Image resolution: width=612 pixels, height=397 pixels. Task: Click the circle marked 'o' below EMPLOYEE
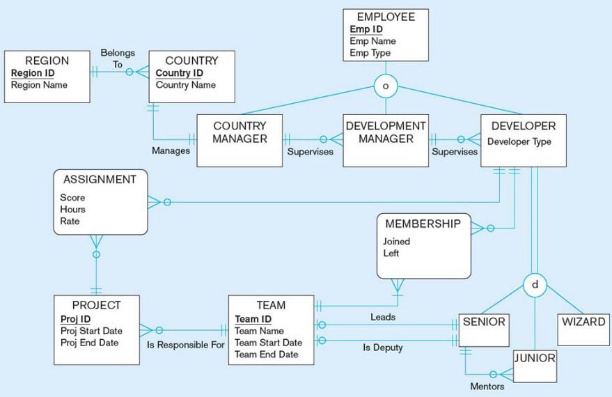[x=385, y=86]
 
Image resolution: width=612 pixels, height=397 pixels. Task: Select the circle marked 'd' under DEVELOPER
[x=534, y=285]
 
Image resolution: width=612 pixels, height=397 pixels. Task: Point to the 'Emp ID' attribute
[x=365, y=30]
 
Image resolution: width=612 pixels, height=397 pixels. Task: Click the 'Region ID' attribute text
[x=33, y=73]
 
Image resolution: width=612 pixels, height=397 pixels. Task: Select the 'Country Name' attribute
[x=185, y=85]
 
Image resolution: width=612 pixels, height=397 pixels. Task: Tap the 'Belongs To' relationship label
[x=118, y=59]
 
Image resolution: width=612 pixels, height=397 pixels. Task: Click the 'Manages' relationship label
[x=171, y=150]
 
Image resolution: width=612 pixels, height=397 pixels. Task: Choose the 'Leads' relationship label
[x=383, y=317]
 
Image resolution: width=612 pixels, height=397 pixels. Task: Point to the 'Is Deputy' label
[x=383, y=348]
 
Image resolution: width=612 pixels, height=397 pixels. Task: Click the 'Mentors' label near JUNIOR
[x=487, y=387]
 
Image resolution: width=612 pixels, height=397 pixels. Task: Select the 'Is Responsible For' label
[x=186, y=345]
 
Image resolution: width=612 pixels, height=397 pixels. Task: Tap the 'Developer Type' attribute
[x=519, y=141]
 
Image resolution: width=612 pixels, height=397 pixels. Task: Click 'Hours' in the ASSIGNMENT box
[x=72, y=209]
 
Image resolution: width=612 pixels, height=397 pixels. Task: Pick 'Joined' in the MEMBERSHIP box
[x=397, y=242]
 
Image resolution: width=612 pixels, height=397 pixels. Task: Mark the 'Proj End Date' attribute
[x=89, y=342]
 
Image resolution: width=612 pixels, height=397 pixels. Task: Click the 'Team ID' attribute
[x=253, y=319]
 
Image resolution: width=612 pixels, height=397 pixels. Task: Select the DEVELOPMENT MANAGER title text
[x=385, y=132]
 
